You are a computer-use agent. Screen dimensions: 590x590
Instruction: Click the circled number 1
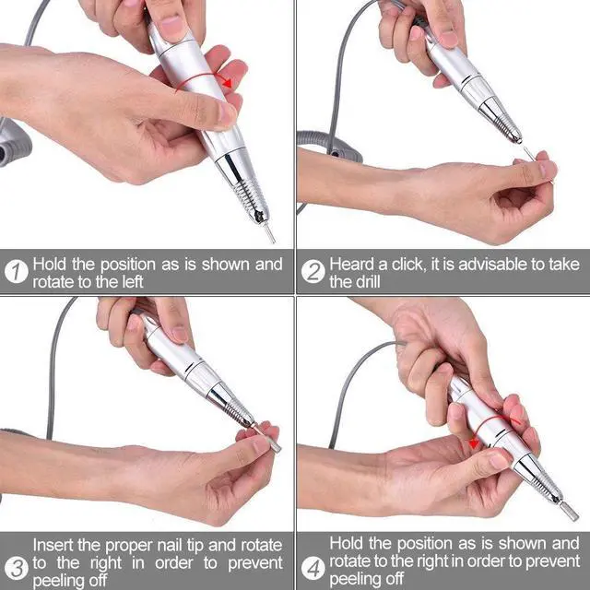click(x=17, y=271)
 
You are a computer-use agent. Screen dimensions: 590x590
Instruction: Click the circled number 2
click(x=313, y=271)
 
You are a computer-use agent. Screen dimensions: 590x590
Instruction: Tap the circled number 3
click(x=17, y=568)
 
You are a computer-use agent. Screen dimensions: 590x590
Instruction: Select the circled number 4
click(x=313, y=568)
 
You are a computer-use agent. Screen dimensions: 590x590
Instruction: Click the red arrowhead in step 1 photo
click(x=227, y=82)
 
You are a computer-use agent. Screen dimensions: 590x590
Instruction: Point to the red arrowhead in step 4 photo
click(x=474, y=443)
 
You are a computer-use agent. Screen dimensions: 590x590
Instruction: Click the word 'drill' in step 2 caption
click(x=367, y=282)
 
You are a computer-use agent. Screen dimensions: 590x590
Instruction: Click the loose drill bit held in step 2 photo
click(x=530, y=154)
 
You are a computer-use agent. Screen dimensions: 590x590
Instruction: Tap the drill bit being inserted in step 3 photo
click(x=268, y=439)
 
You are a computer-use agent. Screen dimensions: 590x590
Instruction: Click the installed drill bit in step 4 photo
click(x=569, y=511)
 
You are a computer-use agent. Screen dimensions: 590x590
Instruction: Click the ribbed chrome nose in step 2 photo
click(x=501, y=119)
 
